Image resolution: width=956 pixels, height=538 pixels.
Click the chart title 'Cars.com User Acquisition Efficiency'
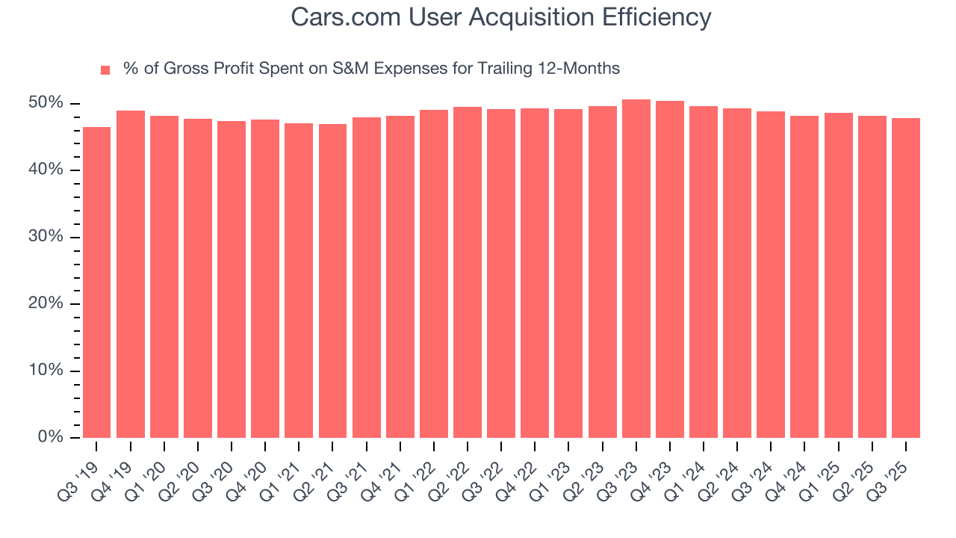click(x=501, y=17)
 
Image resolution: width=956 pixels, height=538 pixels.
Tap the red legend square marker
click(x=105, y=70)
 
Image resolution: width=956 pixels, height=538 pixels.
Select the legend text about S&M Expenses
click(x=371, y=69)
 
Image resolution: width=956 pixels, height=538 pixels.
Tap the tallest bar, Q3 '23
click(x=636, y=269)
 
